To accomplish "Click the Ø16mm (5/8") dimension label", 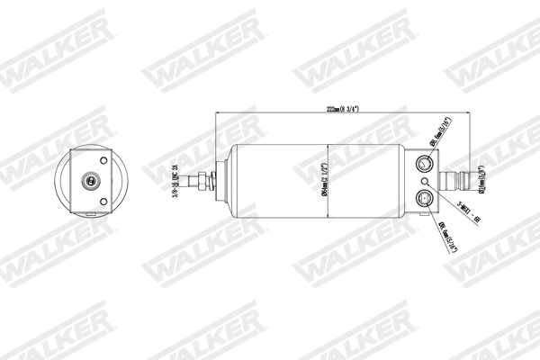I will (482, 178).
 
